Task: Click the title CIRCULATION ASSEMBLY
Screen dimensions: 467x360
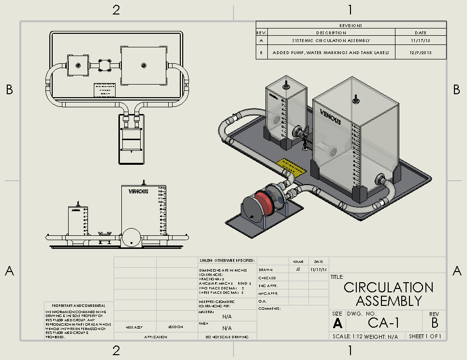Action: [389, 294]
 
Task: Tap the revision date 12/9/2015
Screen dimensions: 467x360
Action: [420, 52]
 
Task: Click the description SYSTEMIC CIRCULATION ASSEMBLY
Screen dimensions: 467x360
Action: [331, 41]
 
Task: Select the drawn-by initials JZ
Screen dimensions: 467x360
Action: [298, 269]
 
